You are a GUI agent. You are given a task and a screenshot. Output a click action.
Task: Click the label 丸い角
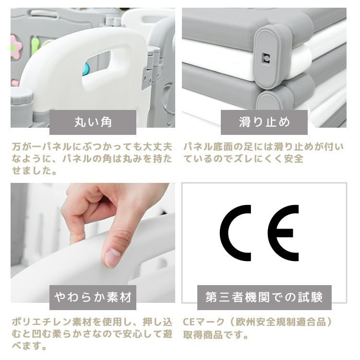pyautogui.click(x=93, y=122)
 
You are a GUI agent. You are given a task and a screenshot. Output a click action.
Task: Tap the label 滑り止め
pyautogui.click(x=264, y=122)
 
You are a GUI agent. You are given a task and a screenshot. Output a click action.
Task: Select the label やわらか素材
pyautogui.click(x=93, y=297)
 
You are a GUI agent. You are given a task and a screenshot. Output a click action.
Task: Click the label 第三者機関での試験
pyautogui.click(x=264, y=297)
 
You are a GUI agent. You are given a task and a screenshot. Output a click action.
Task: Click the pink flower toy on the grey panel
pyautogui.click(x=16, y=48)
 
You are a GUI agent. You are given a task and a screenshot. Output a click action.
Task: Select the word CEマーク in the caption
pyautogui.click(x=204, y=322)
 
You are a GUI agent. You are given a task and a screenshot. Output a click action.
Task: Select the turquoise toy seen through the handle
pyautogui.click(x=86, y=69)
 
